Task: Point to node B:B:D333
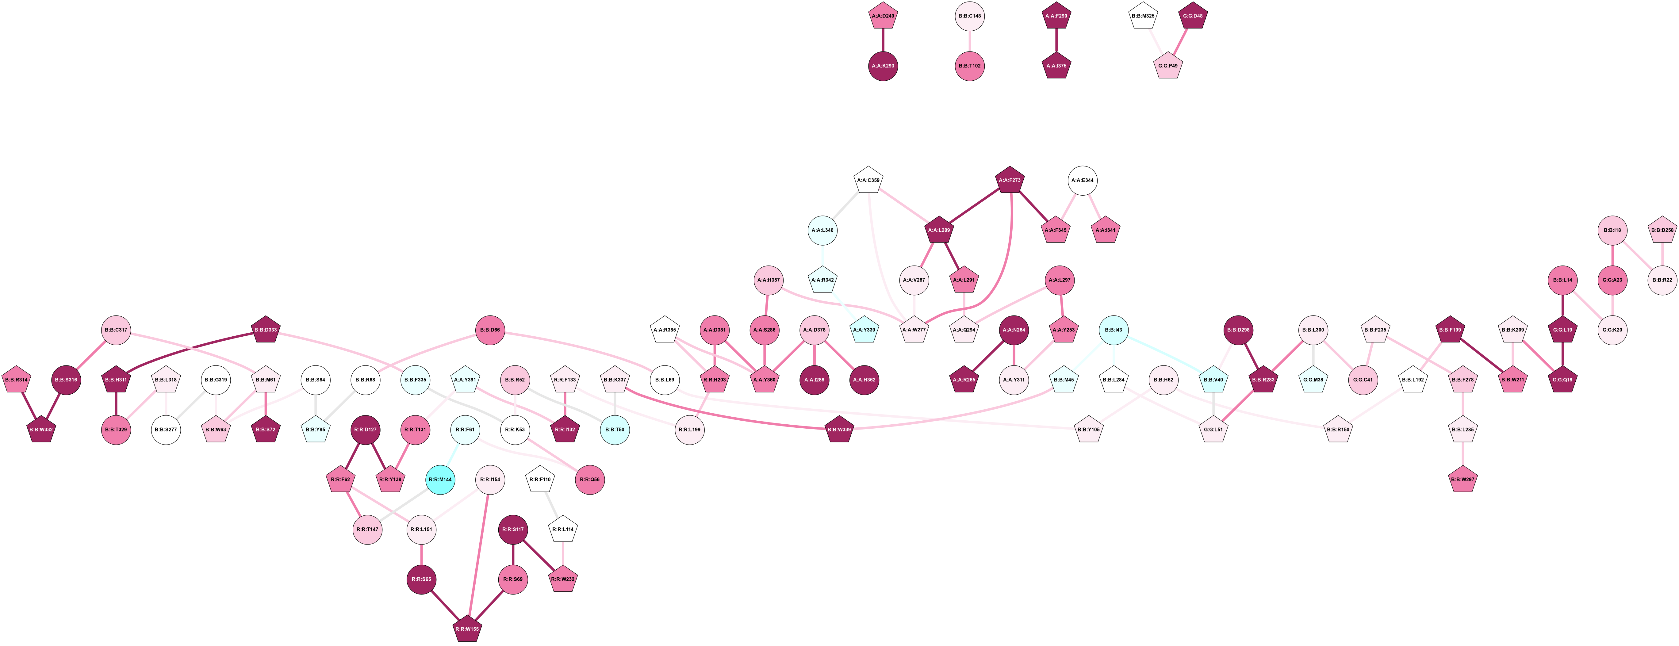tap(266, 330)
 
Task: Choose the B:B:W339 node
tap(840, 430)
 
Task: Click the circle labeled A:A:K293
tap(883, 66)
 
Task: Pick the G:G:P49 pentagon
tap(1168, 66)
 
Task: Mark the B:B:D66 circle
tap(490, 330)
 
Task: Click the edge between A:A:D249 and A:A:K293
tap(883, 40)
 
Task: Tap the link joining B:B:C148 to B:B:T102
tap(970, 40)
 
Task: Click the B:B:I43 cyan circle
tap(1114, 330)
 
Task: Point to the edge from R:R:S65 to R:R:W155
tap(445, 604)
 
